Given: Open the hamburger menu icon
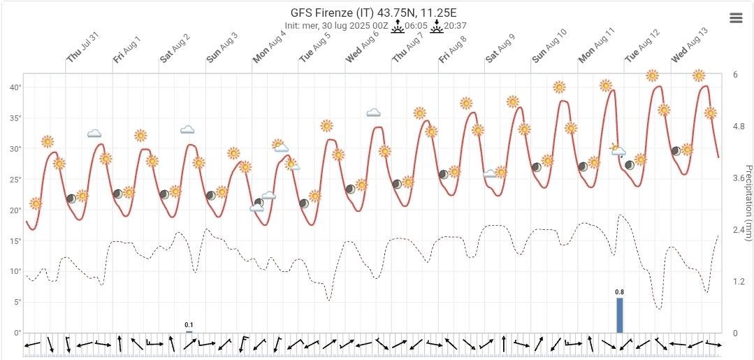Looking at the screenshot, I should click(x=736, y=18).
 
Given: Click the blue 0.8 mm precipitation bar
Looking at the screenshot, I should click(x=619, y=315).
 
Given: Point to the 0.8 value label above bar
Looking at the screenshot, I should click(x=619, y=292).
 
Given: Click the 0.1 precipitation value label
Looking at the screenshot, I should click(x=189, y=325).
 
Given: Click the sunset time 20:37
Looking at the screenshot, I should click(x=456, y=26).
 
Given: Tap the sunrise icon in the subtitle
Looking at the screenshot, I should click(x=397, y=26).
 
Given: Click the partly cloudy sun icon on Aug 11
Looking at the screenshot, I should click(x=618, y=149).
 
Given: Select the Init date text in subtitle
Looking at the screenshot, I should click(x=332, y=26).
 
